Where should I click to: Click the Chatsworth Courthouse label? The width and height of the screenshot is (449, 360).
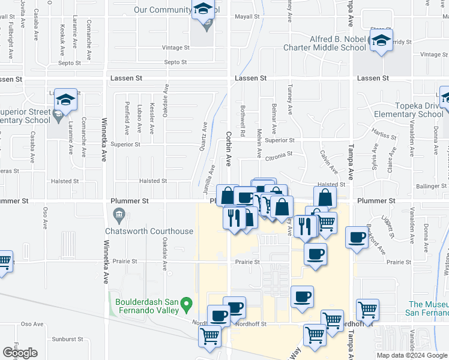149,231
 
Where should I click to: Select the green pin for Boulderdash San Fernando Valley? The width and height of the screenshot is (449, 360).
187,305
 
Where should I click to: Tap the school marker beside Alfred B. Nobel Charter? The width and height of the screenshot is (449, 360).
380,41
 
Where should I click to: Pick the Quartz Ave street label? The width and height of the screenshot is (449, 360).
205,135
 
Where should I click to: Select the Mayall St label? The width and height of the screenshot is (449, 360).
247,17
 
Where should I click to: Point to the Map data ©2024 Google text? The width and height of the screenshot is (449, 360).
411,355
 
